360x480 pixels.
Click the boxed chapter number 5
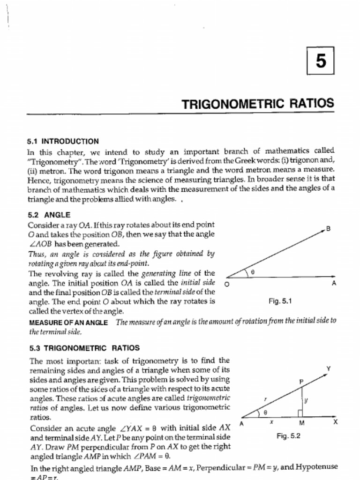321,61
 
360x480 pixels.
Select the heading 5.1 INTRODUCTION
63,141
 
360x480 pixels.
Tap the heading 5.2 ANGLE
49,215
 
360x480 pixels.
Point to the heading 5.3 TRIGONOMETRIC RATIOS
84,348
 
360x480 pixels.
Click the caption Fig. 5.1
280,301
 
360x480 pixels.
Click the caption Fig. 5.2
288,436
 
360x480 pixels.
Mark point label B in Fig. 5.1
328,228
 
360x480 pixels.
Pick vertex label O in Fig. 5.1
227,284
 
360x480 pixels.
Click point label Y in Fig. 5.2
329,368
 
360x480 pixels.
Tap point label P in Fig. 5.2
301,382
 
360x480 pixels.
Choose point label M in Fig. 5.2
302,423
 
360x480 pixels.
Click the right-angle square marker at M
300,412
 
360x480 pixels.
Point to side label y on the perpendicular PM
306,400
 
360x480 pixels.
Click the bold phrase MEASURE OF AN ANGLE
68,323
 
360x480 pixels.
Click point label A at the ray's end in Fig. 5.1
334,284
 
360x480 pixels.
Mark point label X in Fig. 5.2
335,422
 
